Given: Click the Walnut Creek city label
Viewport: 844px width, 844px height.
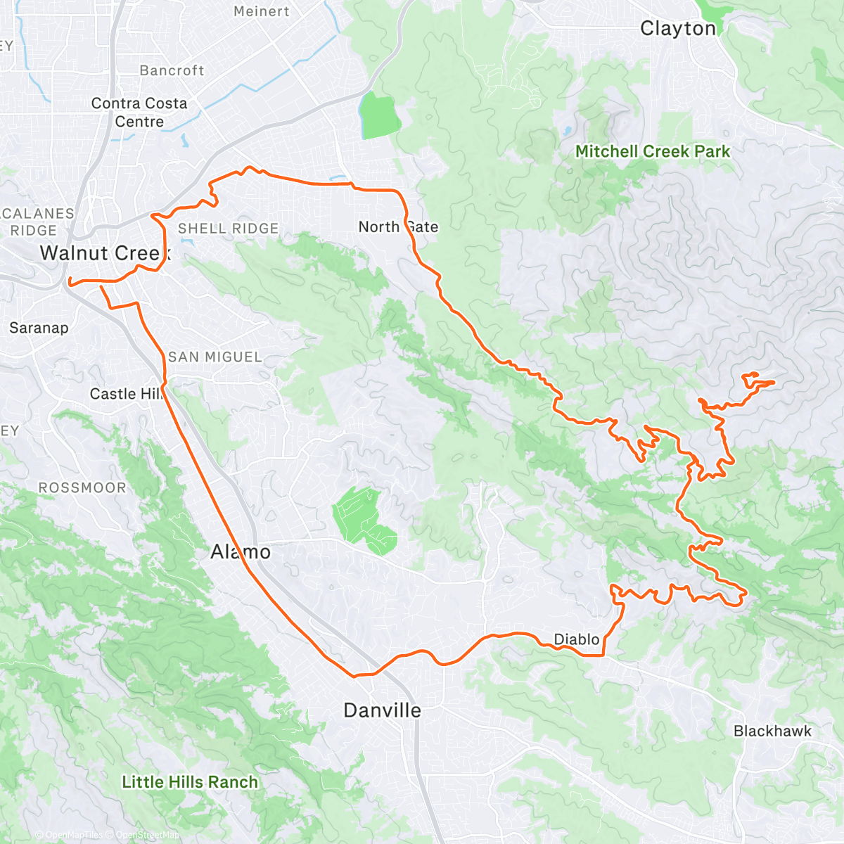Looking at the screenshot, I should [x=105, y=253].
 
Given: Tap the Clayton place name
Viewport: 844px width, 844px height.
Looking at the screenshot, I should [x=678, y=29].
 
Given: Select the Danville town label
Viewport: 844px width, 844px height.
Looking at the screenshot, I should [x=382, y=710].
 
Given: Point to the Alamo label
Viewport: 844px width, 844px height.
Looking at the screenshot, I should [x=241, y=552].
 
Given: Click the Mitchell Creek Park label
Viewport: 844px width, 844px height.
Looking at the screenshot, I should [x=652, y=151].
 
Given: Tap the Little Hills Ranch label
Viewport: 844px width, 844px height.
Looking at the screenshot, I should [x=190, y=782].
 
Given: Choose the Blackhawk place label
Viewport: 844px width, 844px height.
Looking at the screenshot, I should [x=772, y=731].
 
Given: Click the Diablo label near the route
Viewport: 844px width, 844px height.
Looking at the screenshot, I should [x=577, y=639].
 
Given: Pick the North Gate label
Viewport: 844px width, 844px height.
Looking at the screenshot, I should [x=398, y=227].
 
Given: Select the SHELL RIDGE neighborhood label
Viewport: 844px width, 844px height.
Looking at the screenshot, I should [x=228, y=229].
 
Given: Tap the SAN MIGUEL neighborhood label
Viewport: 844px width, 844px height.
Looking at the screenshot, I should [x=215, y=357].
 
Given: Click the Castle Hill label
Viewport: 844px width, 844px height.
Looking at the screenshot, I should [x=127, y=394].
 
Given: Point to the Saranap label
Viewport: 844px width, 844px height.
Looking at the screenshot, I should [x=39, y=328].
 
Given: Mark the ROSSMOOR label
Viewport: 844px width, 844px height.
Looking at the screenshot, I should [x=82, y=488].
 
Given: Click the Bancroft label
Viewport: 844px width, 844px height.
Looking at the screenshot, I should [x=172, y=71].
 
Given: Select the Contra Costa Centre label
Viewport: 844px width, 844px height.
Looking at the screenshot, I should [x=139, y=113].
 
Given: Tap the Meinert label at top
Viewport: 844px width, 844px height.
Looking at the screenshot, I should [x=261, y=11].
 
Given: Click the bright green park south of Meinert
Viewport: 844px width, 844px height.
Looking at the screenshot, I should [x=378, y=115].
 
